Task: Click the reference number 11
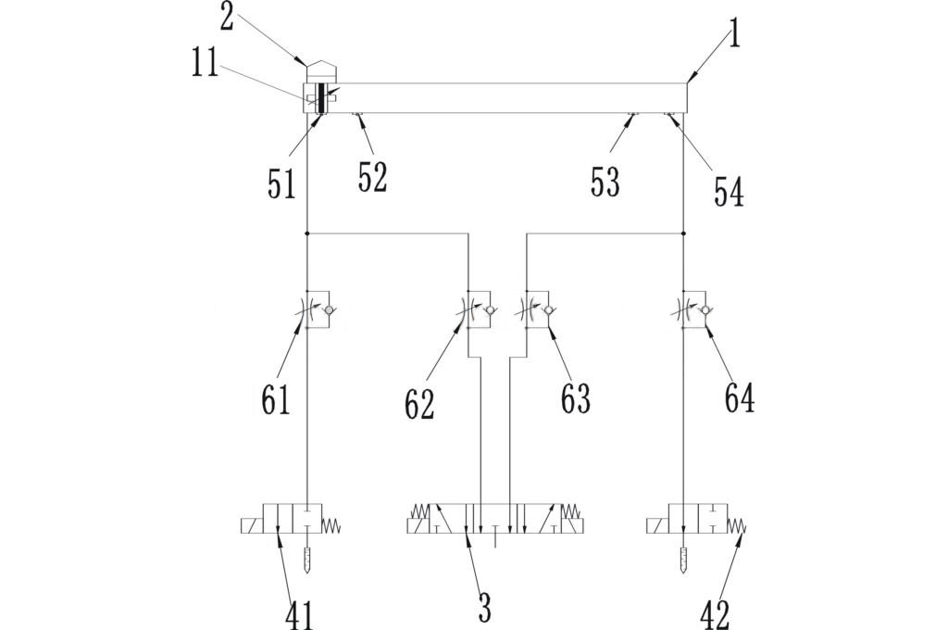click(206, 65)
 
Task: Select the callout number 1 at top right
click(734, 35)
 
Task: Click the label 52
click(372, 176)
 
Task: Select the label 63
click(575, 398)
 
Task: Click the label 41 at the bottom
click(298, 614)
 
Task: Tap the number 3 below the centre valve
click(483, 608)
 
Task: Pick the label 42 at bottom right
click(716, 614)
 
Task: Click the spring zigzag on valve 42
click(738, 525)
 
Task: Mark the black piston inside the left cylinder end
click(320, 97)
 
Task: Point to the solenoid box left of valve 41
click(250, 526)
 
